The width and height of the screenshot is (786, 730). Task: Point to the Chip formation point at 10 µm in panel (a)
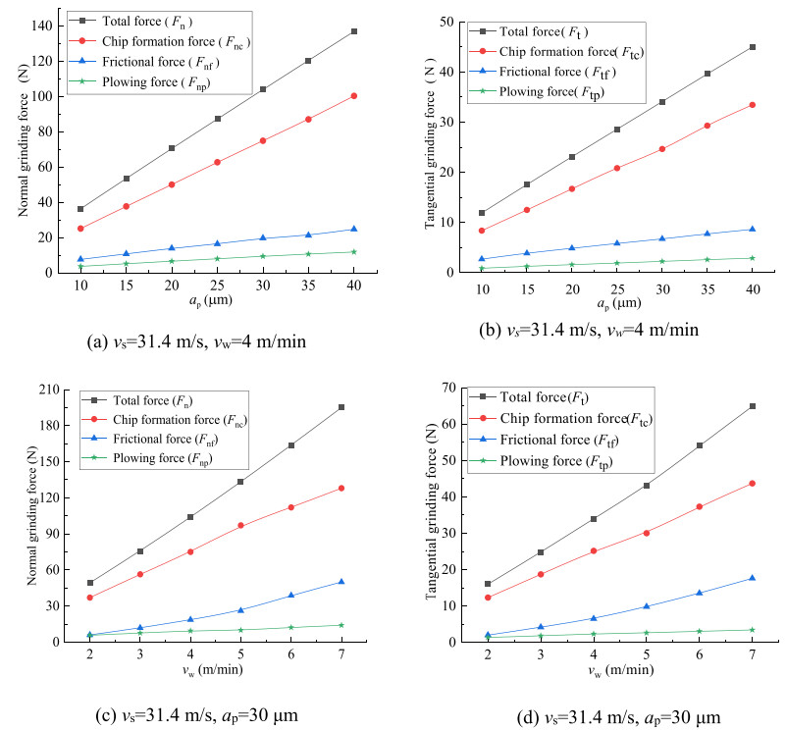click(80, 229)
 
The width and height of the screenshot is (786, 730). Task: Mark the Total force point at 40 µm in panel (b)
click(753, 47)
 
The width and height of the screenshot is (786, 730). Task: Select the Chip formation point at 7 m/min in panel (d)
click(752, 483)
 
